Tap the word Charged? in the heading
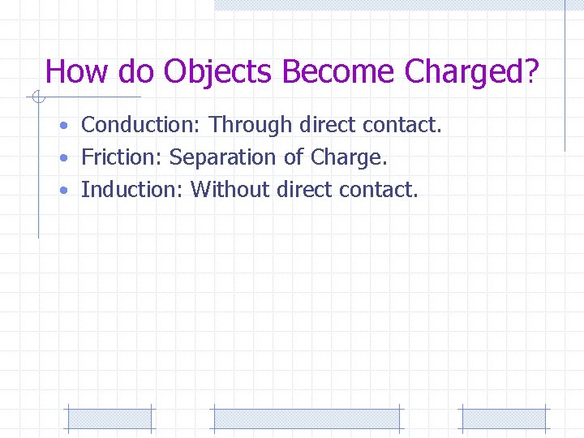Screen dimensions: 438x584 [471, 72]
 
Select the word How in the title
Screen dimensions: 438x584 [77, 72]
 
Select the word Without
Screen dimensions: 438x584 [230, 190]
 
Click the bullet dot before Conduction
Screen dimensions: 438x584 [63, 127]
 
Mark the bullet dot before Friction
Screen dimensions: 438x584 [63, 159]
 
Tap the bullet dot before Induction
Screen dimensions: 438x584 [63, 191]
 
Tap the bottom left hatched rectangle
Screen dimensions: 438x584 [109, 419]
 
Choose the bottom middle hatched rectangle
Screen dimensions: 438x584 [306, 419]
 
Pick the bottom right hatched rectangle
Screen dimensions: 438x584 [505, 419]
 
